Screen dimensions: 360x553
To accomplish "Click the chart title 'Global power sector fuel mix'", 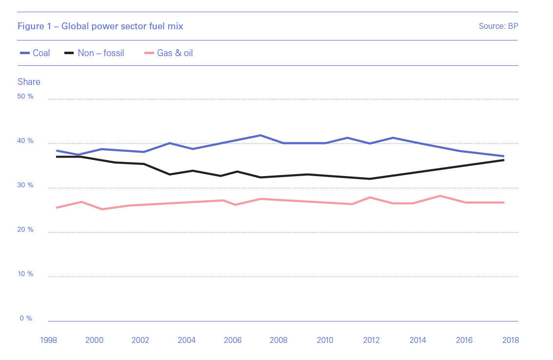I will pos(100,26).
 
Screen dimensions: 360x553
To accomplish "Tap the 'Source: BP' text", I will pos(498,26).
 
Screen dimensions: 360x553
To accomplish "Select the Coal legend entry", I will pos(35,53).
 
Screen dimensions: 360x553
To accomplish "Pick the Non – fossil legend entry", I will pos(95,53).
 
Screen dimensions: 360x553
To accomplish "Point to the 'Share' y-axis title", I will pos(29,82).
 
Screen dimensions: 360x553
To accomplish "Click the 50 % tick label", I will pos(25,97).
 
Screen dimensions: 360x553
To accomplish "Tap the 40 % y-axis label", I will pos(25,141).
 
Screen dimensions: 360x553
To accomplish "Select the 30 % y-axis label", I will pos(25,185).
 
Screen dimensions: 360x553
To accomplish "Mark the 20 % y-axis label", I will pos(25,230).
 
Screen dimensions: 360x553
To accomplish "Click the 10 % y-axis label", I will pos(25,274).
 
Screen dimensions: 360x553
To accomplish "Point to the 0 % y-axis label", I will pos(25,319).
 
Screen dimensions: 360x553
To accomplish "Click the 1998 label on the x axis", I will pos(49,340).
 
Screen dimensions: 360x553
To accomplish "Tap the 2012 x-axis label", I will pos(372,340).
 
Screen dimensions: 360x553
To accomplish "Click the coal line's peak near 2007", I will pos(260,135).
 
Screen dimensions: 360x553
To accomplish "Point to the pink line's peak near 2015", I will pos(440,196).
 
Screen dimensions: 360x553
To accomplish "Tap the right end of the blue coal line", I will pos(503,156).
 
